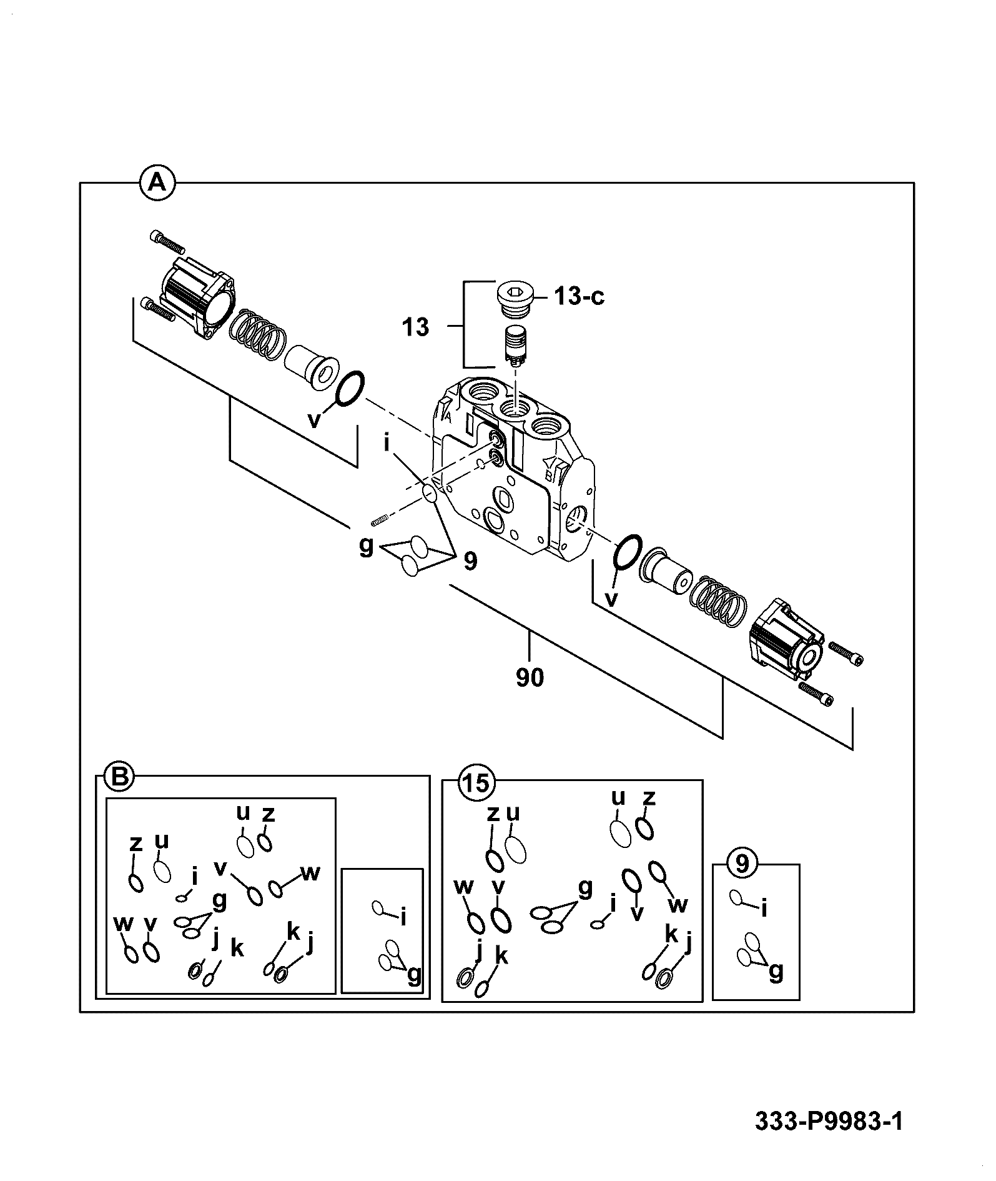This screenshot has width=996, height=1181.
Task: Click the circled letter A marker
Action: click(x=157, y=182)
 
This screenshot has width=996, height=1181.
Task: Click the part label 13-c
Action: click(x=578, y=296)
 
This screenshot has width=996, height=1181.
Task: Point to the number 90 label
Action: click(x=530, y=678)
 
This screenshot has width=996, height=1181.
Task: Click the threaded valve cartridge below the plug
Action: click(x=516, y=346)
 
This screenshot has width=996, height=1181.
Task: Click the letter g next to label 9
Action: click(x=367, y=545)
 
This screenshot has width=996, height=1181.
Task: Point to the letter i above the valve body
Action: click(x=387, y=443)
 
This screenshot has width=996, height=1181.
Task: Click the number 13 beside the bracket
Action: click(x=415, y=327)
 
